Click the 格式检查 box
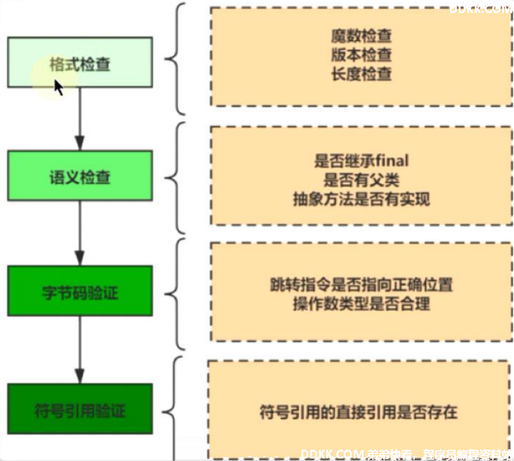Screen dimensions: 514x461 80,62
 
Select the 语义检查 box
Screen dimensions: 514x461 80,175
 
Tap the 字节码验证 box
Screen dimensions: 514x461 80,291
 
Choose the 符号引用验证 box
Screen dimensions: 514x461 80,409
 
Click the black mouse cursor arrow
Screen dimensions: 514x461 58,87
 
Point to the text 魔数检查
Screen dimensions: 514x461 361,35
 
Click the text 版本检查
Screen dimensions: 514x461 361,55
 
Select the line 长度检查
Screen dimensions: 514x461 361,74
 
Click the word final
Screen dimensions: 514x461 392,161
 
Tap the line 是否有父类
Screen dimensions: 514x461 361,180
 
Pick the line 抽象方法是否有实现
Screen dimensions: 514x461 361,199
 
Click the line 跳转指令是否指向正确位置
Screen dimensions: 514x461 361,284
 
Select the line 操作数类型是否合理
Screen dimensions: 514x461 361,304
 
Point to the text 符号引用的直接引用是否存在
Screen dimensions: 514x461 358,412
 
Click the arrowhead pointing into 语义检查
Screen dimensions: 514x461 80,143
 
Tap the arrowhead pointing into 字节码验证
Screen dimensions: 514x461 80,258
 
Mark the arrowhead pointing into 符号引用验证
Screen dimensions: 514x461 80,376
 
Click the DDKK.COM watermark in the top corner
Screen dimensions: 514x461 481,9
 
